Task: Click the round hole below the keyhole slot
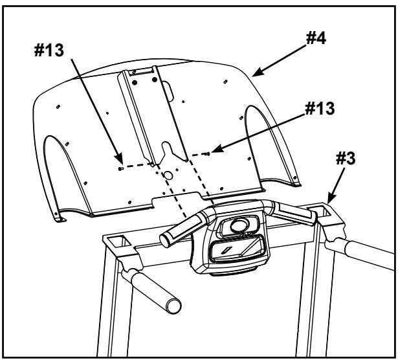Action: tap(168, 175)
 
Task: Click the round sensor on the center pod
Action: tap(236, 226)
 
